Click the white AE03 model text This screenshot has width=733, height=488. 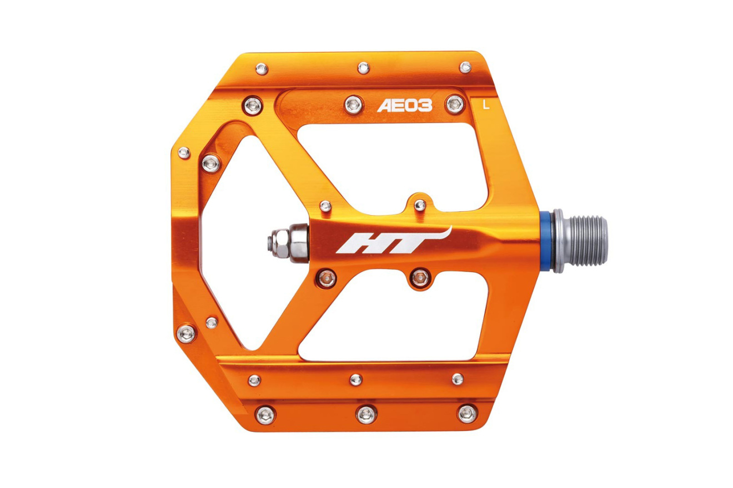[405, 105]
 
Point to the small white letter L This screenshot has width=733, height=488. [486, 105]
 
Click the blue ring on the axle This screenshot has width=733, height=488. [545, 241]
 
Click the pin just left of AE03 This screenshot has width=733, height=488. [354, 105]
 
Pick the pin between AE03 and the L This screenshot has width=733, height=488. [455, 104]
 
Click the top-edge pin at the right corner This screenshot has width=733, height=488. [465, 67]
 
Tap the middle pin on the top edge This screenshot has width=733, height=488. [364, 68]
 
